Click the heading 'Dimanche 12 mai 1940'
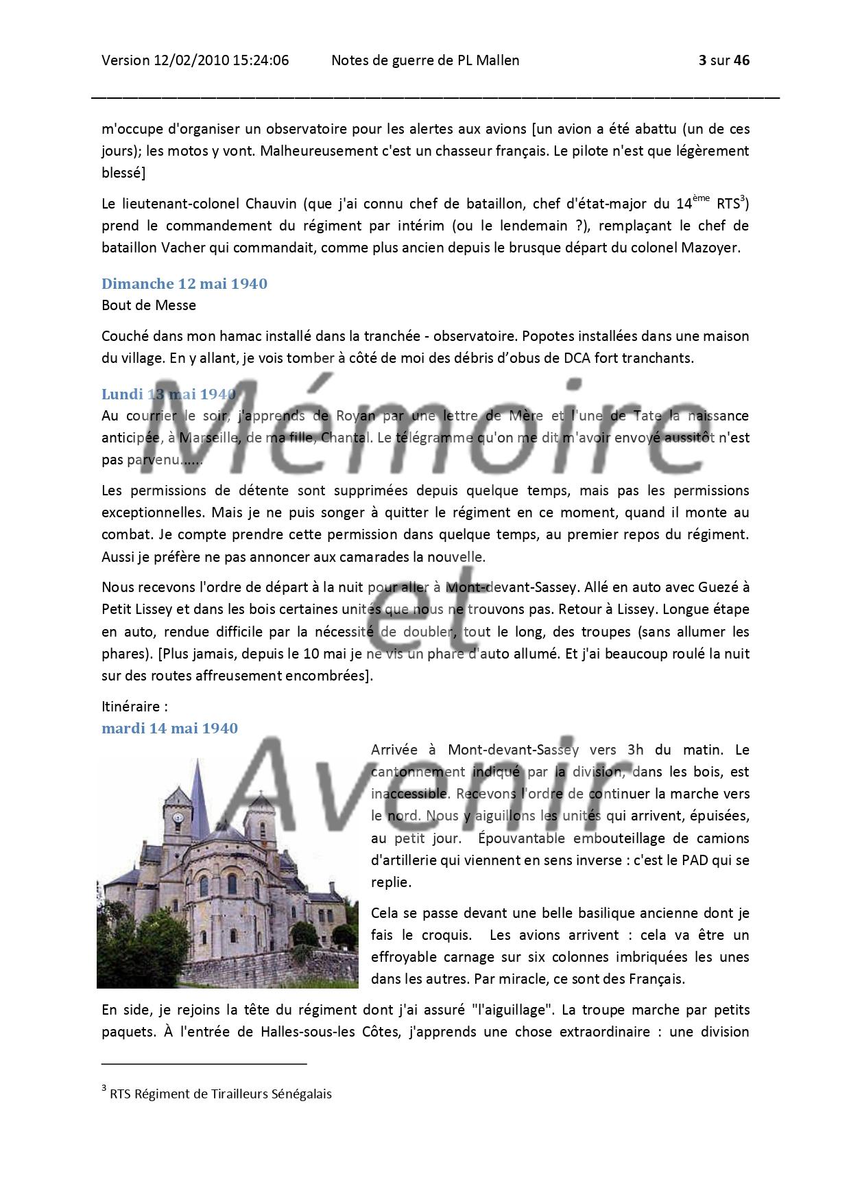(x=184, y=283)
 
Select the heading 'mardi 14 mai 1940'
(x=169, y=728)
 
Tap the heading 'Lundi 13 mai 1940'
(x=169, y=394)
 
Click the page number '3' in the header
(x=702, y=60)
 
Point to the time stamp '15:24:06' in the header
(x=261, y=60)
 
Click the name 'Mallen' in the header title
(x=498, y=60)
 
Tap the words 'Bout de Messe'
(x=149, y=305)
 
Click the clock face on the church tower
(x=178, y=818)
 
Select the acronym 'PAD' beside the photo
(x=694, y=860)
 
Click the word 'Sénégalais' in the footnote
(x=302, y=1094)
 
